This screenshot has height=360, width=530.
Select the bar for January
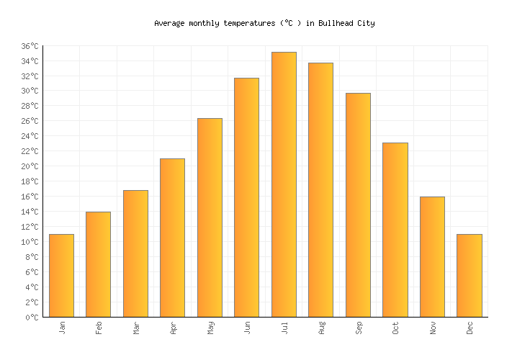61,275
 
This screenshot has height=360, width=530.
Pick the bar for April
172,238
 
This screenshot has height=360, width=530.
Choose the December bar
469,275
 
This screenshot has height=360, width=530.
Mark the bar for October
395,230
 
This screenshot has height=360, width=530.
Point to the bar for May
210,217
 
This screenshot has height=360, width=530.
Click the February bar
98,264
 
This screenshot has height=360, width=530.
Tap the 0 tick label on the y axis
34,318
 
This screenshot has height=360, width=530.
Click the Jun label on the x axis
247,328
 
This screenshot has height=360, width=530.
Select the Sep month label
359,328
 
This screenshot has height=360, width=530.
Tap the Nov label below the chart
433,328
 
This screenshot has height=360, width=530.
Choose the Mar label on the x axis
136,328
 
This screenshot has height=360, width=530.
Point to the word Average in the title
170,23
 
